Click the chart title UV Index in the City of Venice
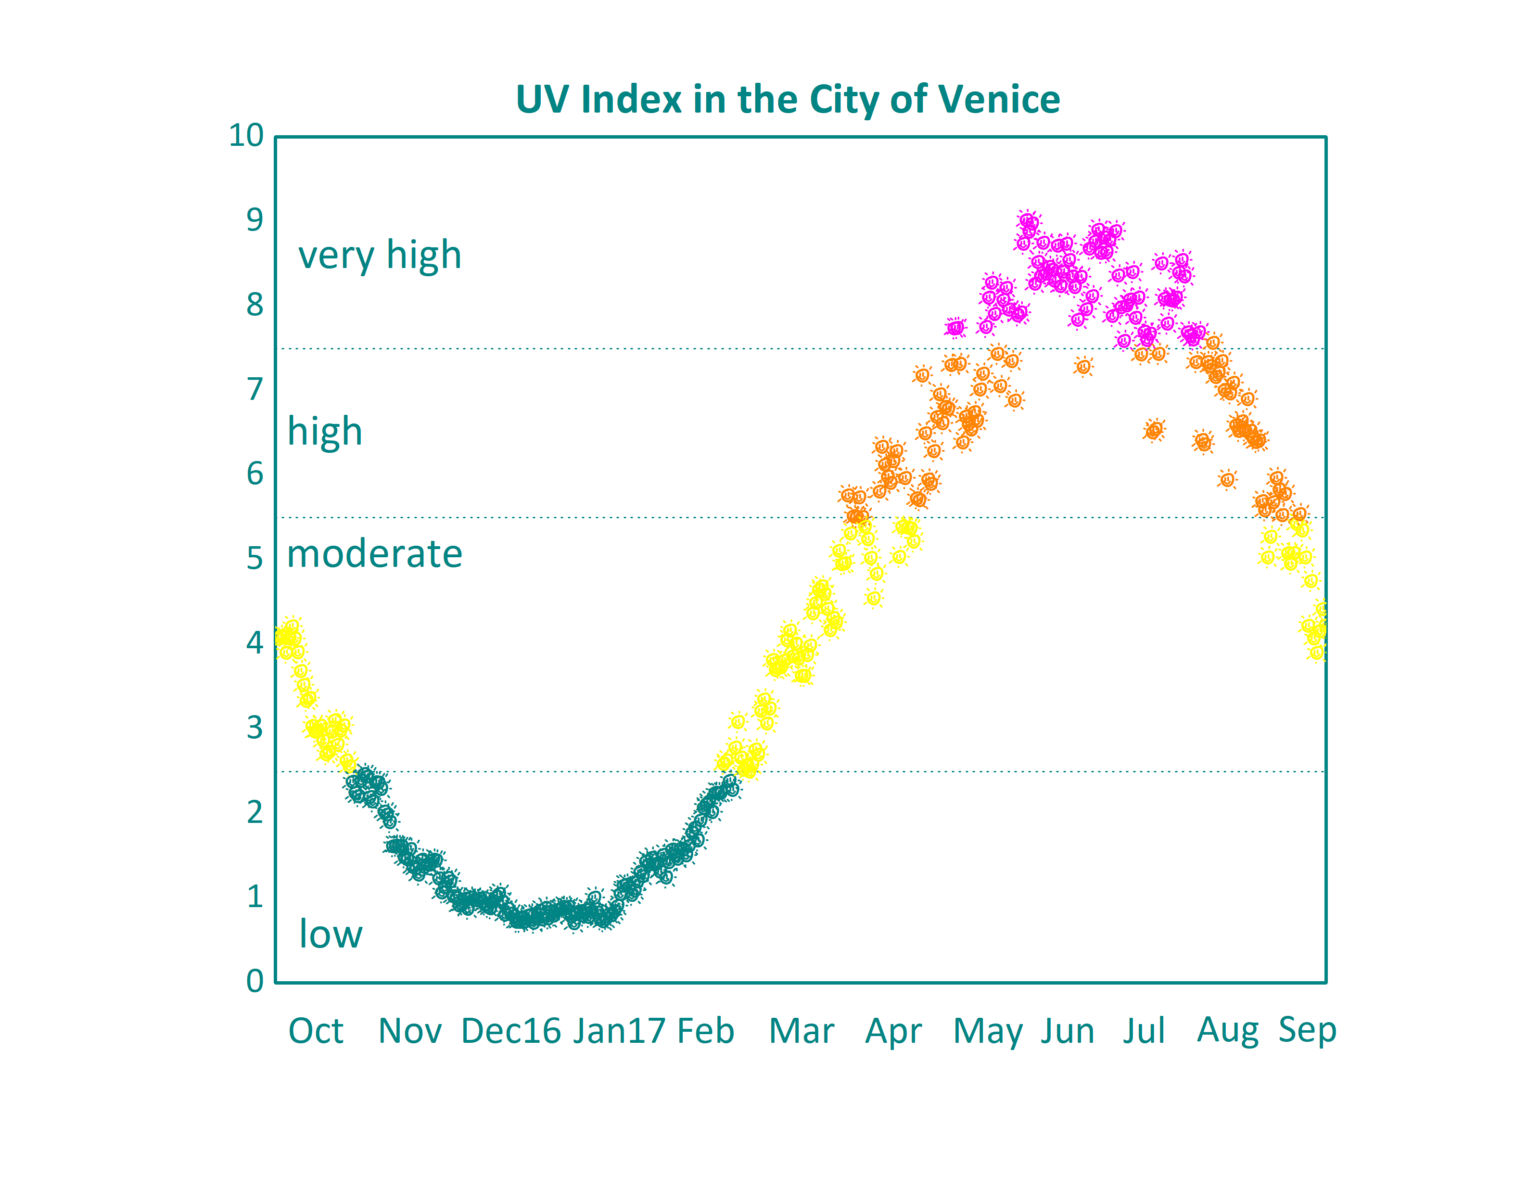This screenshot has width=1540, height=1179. click(x=787, y=99)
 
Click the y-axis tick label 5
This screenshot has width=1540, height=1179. click(x=255, y=559)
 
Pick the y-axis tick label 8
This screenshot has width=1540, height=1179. click(x=255, y=305)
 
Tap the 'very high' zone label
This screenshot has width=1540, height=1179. click(x=380, y=256)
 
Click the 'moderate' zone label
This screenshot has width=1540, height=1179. click(x=375, y=554)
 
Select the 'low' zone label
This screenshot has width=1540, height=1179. click(x=331, y=934)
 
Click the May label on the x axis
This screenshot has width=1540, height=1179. click(x=987, y=1032)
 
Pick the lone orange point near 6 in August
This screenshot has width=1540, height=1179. click(x=1227, y=480)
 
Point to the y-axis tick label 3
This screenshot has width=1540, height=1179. click(x=255, y=728)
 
